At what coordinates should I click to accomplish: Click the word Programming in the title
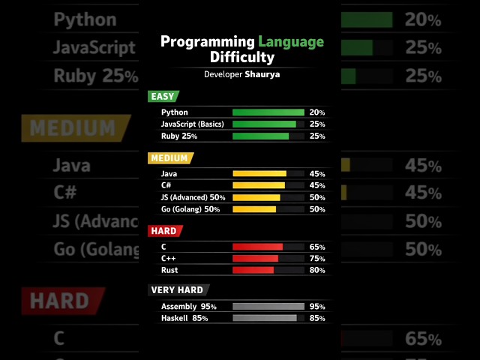click(x=208, y=41)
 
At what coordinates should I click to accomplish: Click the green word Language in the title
click(x=291, y=41)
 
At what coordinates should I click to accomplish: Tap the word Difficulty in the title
click(x=242, y=57)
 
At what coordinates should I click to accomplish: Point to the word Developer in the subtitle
click(x=223, y=75)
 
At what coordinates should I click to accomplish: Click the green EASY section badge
click(x=163, y=96)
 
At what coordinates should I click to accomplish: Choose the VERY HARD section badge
click(x=178, y=289)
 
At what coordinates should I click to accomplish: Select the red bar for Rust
click(x=253, y=270)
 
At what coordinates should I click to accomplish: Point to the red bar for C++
click(x=256, y=258)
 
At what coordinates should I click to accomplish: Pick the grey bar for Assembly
click(x=268, y=306)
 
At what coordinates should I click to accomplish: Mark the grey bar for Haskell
click(x=265, y=318)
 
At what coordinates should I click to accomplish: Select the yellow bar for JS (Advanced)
click(x=256, y=197)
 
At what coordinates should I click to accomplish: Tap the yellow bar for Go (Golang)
click(x=254, y=209)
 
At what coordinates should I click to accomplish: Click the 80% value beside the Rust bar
click(x=317, y=270)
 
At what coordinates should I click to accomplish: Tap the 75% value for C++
click(x=317, y=258)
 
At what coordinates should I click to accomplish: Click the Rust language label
click(x=169, y=270)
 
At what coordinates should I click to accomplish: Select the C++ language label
click(x=168, y=258)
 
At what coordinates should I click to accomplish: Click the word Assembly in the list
click(x=178, y=306)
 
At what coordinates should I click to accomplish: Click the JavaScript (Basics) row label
click(x=192, y=124)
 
